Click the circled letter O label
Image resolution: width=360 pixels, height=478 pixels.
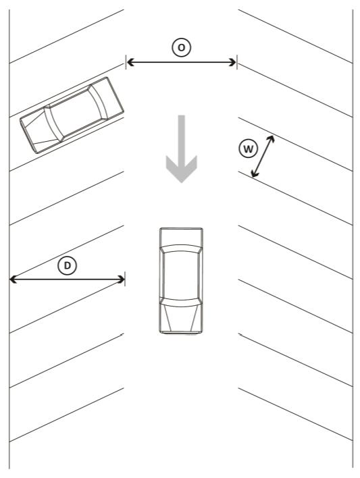[x=181, y=47]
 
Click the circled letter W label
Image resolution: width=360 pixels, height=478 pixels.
[x=249, y=149]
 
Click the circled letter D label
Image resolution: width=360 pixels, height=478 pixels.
[x=67, y=265]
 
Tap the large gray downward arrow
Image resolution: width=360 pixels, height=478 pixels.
[x=182, y=149]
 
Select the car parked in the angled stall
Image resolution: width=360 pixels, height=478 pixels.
[x=72, y=115]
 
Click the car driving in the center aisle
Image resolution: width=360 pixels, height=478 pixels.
[x=181, y=280]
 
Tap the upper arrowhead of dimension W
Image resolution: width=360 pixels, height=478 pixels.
[x=271, y=139]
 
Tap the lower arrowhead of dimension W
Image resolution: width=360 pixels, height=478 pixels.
[x=254, y=174]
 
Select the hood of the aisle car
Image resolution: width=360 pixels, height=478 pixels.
[x=181, y=317]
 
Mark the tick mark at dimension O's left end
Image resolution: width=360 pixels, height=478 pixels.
[x=126, y=63]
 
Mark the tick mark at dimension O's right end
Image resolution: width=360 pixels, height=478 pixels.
[x=237, y=63]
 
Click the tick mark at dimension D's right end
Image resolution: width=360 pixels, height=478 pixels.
[x=125, y=279]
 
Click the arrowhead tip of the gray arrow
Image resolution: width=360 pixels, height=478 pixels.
[x=182, y=182]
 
